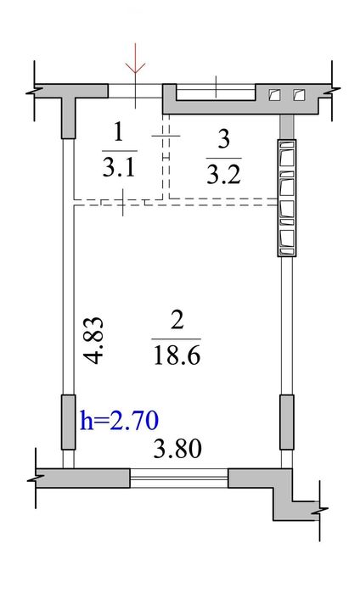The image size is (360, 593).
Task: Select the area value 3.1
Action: coord(119,167)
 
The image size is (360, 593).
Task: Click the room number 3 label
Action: coord(224,139)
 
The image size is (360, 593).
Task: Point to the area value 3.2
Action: coord(224,175)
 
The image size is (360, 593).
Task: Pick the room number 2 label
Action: coord(177,321)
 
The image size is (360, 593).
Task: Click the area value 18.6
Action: coord(177,355)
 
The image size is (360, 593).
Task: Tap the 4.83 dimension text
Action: coord(93,340)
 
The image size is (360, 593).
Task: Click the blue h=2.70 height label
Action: coord(119,421)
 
